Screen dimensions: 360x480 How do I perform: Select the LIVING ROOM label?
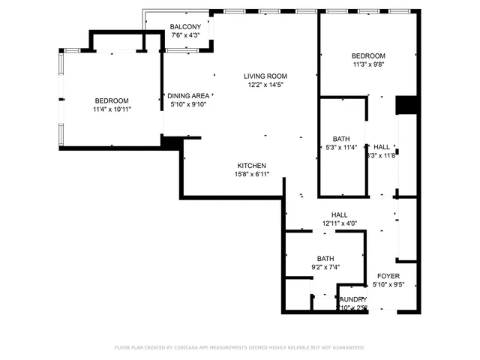(x=265, y=76)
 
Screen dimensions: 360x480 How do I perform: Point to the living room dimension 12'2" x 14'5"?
(x=265, y=85)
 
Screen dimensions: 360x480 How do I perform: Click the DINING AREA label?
(x=188, y=95)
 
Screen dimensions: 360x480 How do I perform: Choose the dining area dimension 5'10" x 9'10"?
(x=188, y=104)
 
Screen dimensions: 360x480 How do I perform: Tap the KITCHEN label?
(x=252, y=166)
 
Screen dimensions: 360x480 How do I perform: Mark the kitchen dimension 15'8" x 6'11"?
(x=252, y=175)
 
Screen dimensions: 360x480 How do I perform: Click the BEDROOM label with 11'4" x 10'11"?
(x=111, y=101)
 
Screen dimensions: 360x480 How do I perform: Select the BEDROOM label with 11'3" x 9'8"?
(x=368, y=56)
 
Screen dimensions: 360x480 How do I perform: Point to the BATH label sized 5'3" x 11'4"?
(x=341, y=139)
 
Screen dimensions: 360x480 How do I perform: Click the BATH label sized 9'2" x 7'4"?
(x=325, y=258)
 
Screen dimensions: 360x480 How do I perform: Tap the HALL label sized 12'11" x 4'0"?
(x=339, y=214)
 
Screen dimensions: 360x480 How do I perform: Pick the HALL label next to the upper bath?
(x=382, y=147)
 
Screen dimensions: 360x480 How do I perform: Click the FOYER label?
(x=388, y=275)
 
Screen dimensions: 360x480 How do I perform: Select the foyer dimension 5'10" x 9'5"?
(x=388, y=284)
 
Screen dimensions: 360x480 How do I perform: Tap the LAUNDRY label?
(x=352, y=299)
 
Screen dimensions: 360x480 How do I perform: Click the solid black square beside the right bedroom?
(x=406, y=105)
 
